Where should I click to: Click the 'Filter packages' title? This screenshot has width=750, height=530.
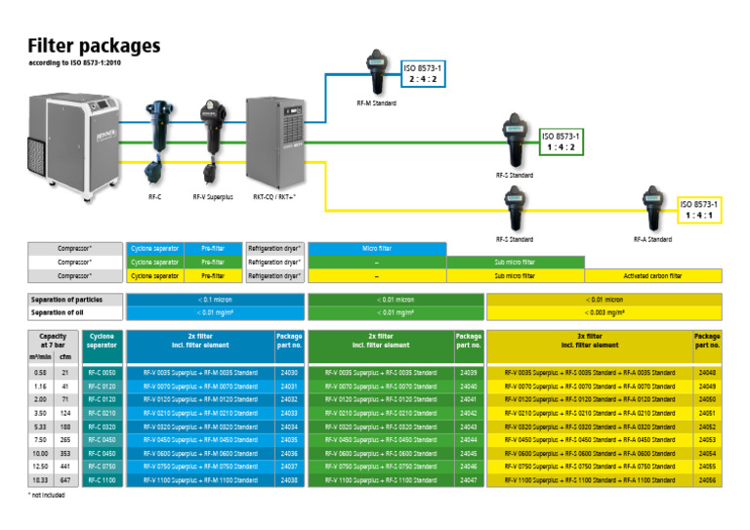[94, 45]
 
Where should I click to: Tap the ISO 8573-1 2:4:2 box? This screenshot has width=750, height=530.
[423, 73]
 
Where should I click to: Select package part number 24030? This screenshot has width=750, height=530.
[289, 372]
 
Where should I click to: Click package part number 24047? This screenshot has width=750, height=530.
[468, 481]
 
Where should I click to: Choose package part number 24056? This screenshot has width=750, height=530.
[707, 481]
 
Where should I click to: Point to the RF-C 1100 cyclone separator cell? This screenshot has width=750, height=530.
[102, 481]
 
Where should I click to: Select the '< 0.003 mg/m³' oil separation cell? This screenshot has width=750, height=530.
[604, 312]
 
